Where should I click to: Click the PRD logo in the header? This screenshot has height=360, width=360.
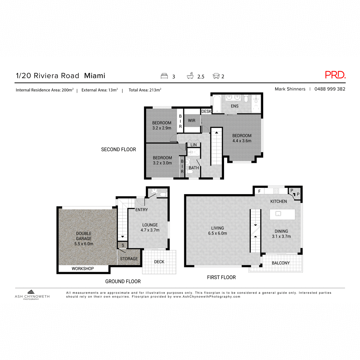point(335,75)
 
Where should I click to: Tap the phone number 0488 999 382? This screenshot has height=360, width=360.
point(330,89)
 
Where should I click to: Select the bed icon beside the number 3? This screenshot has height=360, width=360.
point(164,76)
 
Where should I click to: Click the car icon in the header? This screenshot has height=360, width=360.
point(216,76)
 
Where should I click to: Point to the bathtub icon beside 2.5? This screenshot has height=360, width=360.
point(190,76)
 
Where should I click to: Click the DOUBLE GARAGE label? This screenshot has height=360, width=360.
point(84,236)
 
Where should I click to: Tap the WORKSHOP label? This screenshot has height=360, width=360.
point(83,269)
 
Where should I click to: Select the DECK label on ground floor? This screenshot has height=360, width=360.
point(159,262)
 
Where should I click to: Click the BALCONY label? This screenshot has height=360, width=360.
point(280,263)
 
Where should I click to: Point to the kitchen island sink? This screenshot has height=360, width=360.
point(278,214)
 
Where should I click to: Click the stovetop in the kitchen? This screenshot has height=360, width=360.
point(276,191)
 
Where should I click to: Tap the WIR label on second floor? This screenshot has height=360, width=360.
point(192,121)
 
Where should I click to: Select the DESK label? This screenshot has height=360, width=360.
point(206,111)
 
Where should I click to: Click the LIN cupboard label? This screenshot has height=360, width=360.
point(194,145)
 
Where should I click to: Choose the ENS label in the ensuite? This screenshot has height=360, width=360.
point(235,106)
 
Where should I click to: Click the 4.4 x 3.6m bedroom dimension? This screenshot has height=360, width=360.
point(242,141)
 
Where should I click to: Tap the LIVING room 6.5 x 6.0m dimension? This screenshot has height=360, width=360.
point(217,233)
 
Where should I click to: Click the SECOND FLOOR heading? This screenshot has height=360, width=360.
point(118,149)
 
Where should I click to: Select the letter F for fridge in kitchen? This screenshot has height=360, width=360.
point(259,191)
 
